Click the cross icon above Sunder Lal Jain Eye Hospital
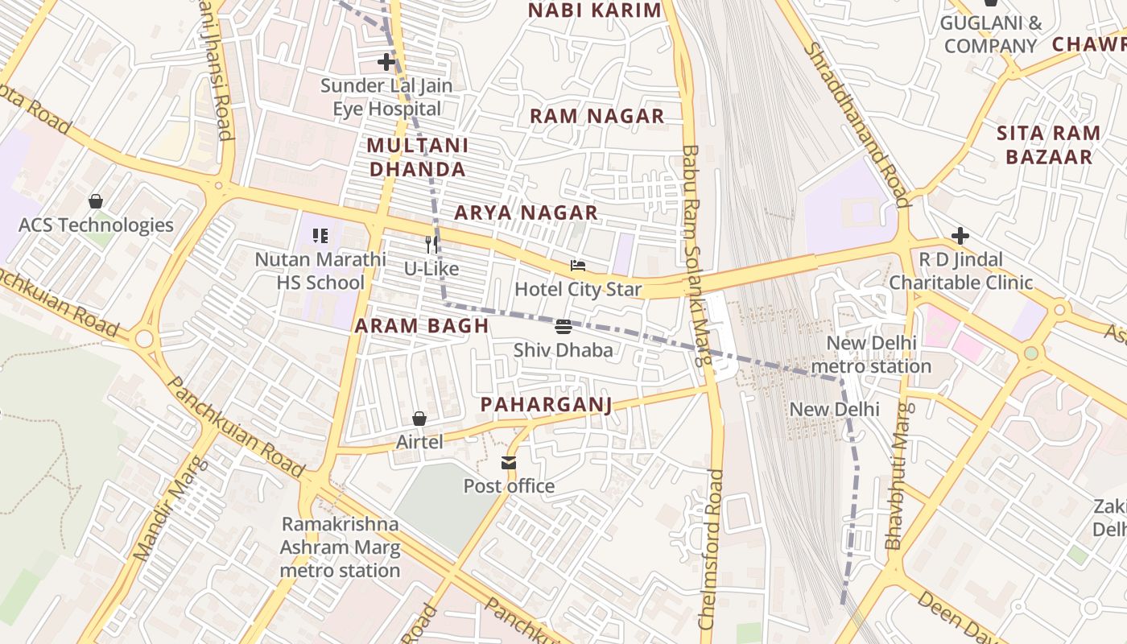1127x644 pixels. [386, 61]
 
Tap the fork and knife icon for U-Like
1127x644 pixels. [432, 244]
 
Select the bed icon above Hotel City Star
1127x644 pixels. [578, 265]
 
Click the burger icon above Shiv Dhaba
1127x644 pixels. [563, 326]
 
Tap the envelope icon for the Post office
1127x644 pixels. [509, 463]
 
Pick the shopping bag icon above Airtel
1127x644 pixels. [419, 419]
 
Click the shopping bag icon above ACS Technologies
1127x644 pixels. [96, 201]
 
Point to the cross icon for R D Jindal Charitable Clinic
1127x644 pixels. [960, 236]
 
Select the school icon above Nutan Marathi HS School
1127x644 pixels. [320, 236]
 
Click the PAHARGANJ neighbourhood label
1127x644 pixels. [546, 404]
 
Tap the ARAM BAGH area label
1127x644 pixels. [422, 325]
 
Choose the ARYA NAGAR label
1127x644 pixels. [526, 213]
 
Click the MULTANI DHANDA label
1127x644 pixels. [417, 157]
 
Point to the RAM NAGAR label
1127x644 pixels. [597, 116]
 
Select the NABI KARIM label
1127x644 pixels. [594, 10]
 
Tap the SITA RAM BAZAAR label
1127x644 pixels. [1048, 145]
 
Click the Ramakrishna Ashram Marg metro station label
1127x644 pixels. [340, 547]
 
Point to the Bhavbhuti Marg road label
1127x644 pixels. [900, 476]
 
